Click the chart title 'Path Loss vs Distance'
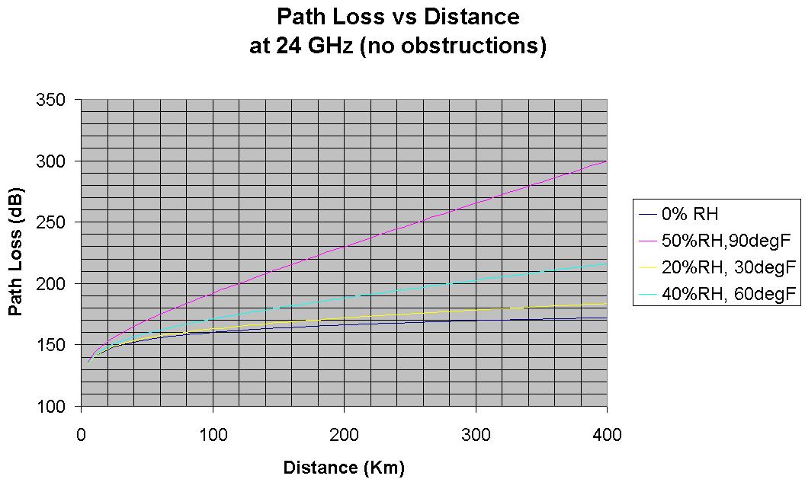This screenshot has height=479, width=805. pyautogui.click(x=398, y=17)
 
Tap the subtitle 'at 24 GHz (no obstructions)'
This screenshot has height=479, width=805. pyautogui.click(x=398, y=46)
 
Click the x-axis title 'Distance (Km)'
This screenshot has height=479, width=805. pyautogui.click(x=344, y=467)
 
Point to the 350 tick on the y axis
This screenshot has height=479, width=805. pyautogui.click(x=58, y=100)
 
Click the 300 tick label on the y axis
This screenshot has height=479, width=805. pyautogui.click(x=58, y=161)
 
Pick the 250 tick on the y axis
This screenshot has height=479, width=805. pyautogui.click(x=58, y=222)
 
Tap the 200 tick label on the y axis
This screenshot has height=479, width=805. pyautogui.click(x=58, y=283)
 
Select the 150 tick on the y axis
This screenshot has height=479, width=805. pyautogui.click(x=58, y=344)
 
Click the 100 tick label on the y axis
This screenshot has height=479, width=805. pyautogui.click(x=58, y=406)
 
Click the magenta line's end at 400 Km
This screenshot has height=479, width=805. pyautogui.click(x=606, y=161)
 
